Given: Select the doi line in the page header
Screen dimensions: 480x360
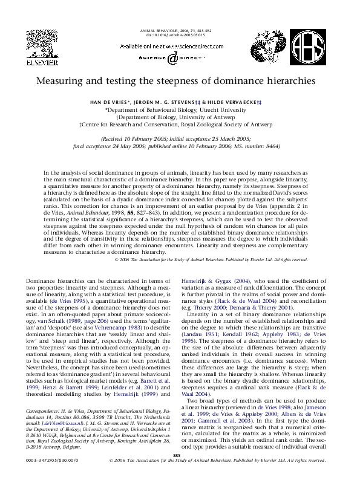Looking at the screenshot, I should [180, 34].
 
